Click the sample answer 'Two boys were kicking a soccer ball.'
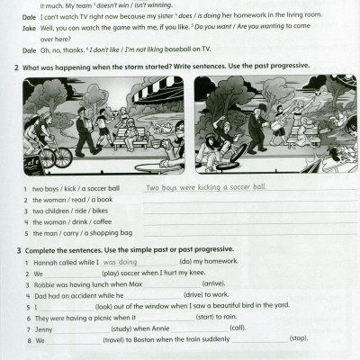point(206,187)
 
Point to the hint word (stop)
point(299,338)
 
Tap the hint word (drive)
point(195,294)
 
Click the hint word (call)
point(237,328)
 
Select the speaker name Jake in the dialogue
point(24,28)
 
